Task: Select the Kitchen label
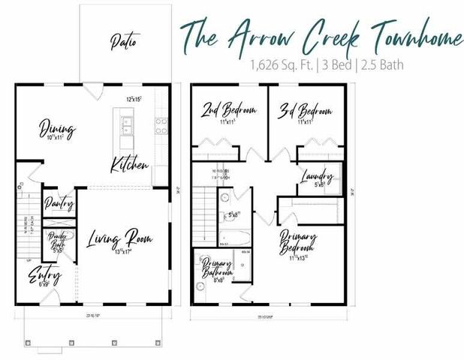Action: tap(129, 164)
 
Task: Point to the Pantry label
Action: tap(58, 202)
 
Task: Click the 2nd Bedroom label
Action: tap(228, 112)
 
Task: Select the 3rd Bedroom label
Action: tap(305, 112)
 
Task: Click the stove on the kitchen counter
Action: tap(161, 125)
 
